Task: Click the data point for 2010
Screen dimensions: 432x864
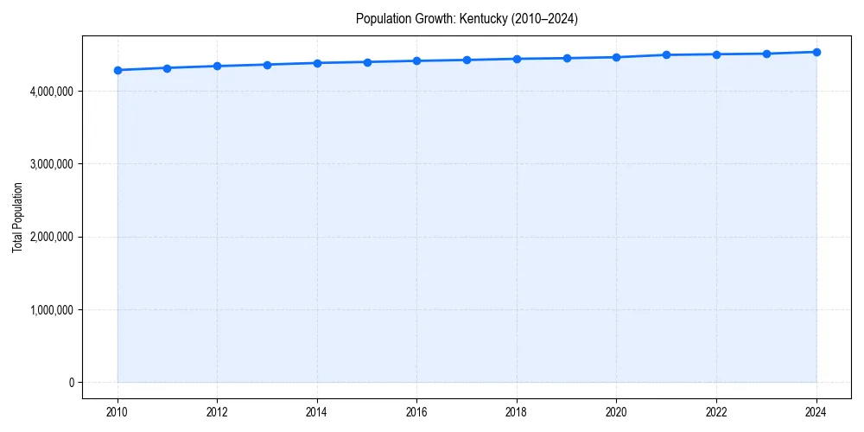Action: click(118, 70)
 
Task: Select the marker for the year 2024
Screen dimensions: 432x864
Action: click(816, 52)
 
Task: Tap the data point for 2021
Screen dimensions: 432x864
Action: click(666, 54)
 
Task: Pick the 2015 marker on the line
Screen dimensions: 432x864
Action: click(367, 62)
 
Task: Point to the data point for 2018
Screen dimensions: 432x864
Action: click(517, 59)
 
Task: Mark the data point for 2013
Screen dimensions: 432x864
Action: click(267, 65)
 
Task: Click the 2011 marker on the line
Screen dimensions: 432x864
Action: click(168, 67)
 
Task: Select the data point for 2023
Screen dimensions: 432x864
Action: click(766, 54)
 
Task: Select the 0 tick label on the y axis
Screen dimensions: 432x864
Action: click(73, 382)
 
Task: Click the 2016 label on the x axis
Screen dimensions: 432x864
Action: click(417, 412)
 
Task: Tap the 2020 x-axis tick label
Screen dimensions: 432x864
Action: click(617, 412)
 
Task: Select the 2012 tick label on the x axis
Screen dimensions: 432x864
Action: click(218, 412)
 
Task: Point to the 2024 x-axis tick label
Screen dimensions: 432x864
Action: click(816, 412)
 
